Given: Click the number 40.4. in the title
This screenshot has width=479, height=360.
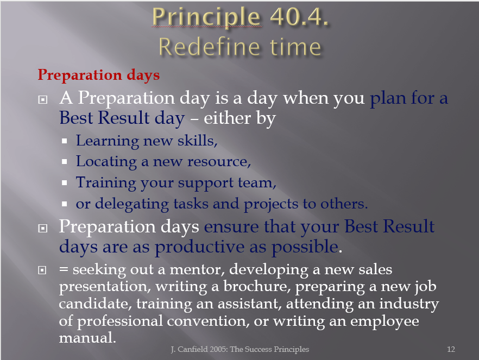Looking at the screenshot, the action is pos(299,16).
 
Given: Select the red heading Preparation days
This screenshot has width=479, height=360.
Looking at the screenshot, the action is pos(99,75).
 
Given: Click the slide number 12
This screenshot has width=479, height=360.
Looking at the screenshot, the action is pos(451,349).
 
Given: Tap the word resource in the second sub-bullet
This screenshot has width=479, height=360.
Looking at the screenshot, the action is pos(219,161).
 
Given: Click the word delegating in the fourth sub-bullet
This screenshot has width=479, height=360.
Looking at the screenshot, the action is pos(132,204).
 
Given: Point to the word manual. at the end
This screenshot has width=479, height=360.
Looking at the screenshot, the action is pos(87,338).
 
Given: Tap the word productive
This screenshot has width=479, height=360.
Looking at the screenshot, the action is pos(200,247).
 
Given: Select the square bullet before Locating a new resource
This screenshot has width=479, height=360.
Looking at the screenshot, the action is pos(64,161).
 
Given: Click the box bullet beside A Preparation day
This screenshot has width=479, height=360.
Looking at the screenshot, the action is pos(43,99).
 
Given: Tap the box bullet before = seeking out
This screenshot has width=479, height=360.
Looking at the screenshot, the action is pos(42,270).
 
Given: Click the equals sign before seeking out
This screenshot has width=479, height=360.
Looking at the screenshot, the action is pos(64,270).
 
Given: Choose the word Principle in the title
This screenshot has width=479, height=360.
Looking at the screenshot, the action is pos(206,17).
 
